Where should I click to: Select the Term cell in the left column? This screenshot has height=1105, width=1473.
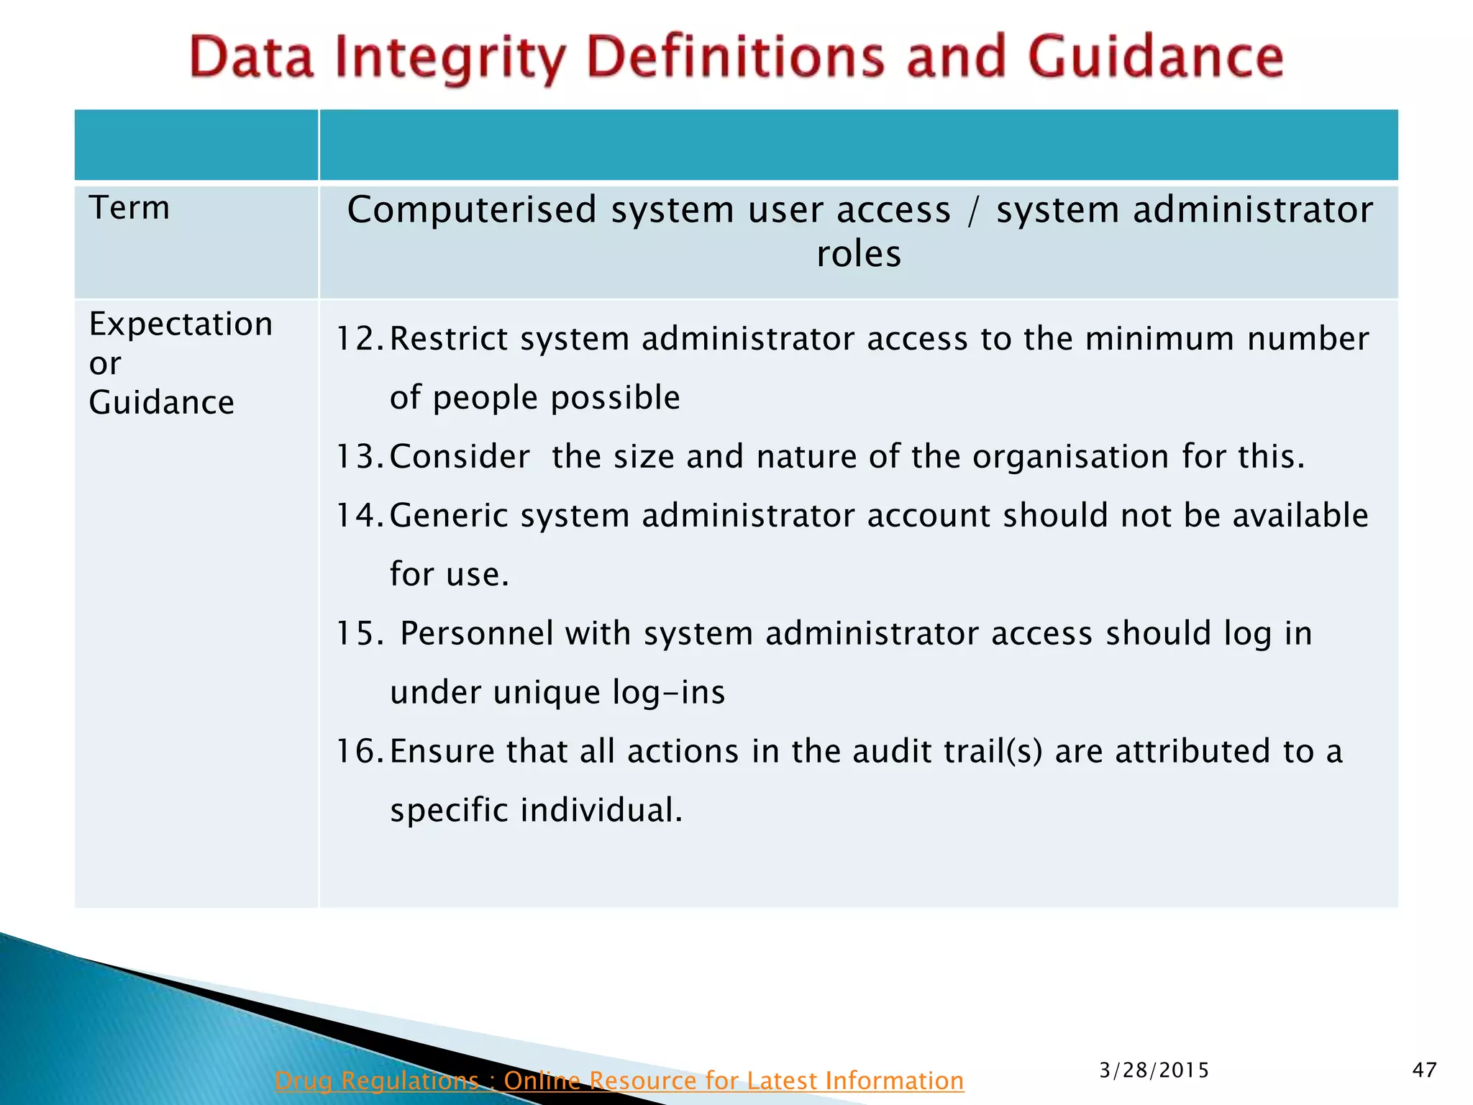coord(129,208)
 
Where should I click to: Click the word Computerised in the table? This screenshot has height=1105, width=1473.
coord(472,210)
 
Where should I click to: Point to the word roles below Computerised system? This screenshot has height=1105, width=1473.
coord(858,254)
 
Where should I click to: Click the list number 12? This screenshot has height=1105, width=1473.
coord(360,339)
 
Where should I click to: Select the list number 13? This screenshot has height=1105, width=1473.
coord(360,457)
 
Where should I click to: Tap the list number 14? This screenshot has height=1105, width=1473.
coord(360,516)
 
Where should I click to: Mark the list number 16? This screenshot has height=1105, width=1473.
coord(360,752)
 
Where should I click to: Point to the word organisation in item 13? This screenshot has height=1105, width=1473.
coord(1070,457)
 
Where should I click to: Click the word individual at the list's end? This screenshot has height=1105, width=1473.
coord(601,811)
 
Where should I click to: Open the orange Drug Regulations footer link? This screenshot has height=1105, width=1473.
coord(619,1081)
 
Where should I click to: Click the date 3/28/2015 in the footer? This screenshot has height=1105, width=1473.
coord(1154,1070)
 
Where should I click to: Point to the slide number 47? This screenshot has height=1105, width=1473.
coord(1424,1070)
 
